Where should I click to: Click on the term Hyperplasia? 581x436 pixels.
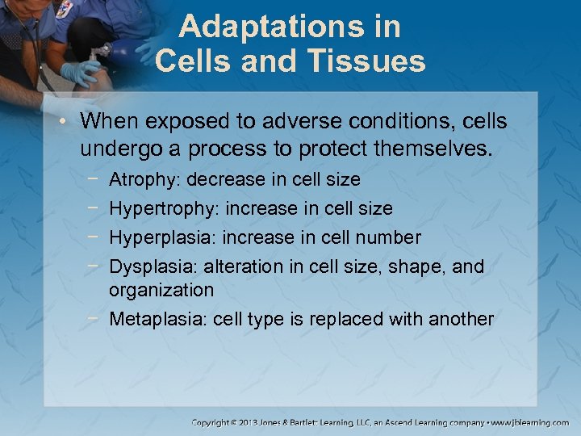[157, 237]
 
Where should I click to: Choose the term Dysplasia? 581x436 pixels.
[153, 266]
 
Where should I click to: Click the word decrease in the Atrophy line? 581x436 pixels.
[219, 179]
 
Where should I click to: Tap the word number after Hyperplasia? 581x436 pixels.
[390, 237]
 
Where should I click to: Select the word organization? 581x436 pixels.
[161, 290]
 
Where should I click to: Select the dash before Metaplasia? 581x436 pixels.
[96, 318]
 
